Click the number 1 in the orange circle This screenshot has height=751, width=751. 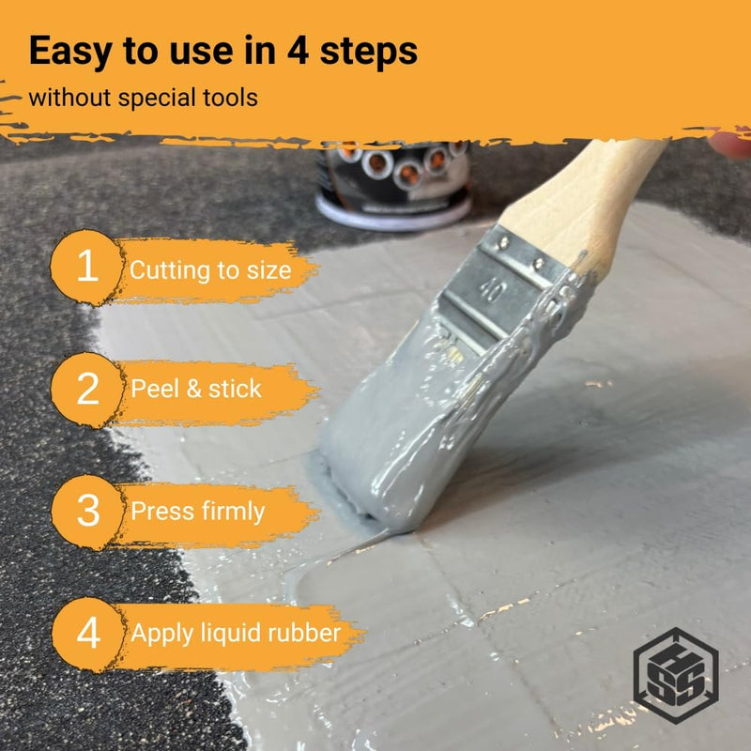point(87,267)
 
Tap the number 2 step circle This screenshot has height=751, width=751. point(86,390)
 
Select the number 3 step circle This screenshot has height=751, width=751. point(87,512)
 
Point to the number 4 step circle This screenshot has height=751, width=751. point(88,635)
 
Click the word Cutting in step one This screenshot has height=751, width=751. point(170,270)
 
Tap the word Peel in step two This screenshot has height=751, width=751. point(155,389)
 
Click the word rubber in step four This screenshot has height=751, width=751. point(303,633)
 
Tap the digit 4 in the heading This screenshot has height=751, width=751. point(298,51)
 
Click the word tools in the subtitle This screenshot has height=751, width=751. point(230,98)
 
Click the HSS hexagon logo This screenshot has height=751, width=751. point(676,675)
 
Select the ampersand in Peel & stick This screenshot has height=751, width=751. point(194,389)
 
